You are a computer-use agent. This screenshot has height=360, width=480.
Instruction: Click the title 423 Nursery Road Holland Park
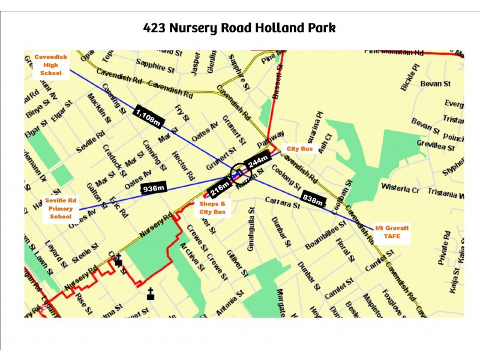click(x=239, y=28)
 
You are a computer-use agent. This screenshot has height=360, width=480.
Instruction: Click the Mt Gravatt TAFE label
click(x=388, y=232)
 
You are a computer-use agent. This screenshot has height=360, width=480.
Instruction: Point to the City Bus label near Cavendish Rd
click(x=300, y=148)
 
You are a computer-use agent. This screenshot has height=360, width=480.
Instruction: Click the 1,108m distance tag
click(x=148, y=116)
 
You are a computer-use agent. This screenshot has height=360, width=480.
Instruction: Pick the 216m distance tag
click(x=220, y=188)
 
